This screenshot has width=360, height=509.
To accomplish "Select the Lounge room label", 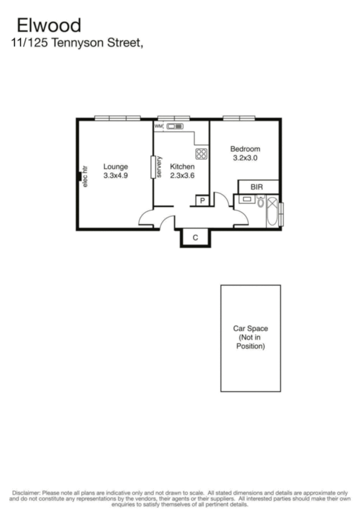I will [x=116, y=167].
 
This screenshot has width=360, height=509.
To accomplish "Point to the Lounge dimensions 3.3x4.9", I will [x=116, y=175].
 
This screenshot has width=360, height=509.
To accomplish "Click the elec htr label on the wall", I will [x=85, y=176].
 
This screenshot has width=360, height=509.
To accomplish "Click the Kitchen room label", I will [x=182, y=167].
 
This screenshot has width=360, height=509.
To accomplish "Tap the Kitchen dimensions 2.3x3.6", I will [x=182, y=175].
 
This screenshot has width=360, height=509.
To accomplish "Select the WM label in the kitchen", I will [x=159, y=126].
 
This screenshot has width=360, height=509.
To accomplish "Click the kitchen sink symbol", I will [x=175, y=126].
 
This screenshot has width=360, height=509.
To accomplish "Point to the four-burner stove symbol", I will [x=201, y=154].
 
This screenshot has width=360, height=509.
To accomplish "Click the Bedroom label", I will [x=245, y=149].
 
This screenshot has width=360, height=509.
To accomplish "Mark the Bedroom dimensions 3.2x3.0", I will [x=245, y=157].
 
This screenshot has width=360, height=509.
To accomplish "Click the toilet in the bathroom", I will [x=260, y=202].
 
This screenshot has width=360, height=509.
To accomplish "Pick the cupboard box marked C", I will [x=195, y=237].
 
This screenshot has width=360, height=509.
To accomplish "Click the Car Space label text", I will [x=250, y=329].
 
